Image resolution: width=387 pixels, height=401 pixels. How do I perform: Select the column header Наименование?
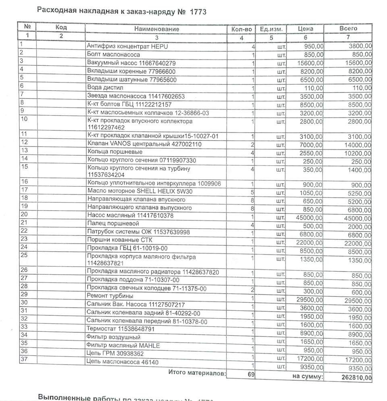pos(157,29)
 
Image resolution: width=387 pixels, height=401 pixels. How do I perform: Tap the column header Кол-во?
pos(242,29)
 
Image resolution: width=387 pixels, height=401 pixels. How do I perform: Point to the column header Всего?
pos(348,29)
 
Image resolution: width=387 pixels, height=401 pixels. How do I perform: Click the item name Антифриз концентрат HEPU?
pos(127,47)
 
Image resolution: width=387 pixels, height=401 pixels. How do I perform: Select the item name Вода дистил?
pos(105,87)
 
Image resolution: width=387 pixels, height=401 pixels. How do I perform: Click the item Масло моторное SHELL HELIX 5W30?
pos(140,191)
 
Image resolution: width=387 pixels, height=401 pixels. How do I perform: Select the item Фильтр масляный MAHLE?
pos(123,345)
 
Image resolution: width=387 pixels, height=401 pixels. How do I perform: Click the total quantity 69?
pos(251,375)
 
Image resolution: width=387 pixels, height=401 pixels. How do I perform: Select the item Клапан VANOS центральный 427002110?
pos(144,144)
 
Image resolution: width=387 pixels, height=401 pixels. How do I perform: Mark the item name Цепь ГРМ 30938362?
pos(115,353)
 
